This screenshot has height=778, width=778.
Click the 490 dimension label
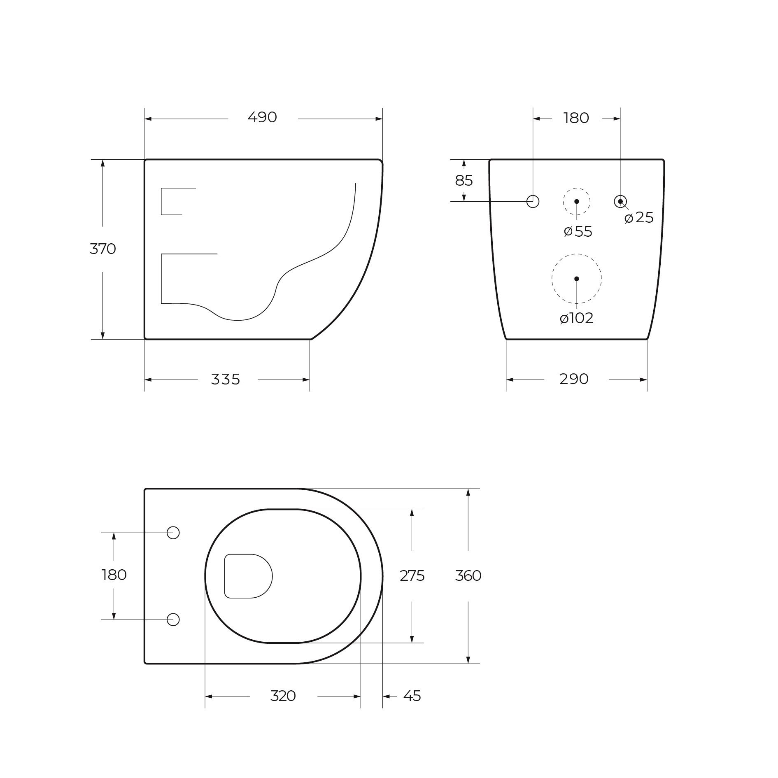(x=262, y=118)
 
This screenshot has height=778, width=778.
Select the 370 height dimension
(x=103, y=249)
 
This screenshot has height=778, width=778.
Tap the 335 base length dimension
(x=225, y=379)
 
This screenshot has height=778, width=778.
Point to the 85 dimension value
(x=464, y=181)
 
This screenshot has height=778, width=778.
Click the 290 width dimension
(x=574, y=379)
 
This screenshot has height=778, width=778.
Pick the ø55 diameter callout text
(x=578, y=232)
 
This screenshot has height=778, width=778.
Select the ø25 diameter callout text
(x=639, y=218)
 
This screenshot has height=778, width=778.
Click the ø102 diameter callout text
(x=576, y=318)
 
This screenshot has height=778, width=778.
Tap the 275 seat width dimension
(x=412, y=575)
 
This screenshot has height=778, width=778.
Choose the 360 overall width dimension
(x=468, y=575)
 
